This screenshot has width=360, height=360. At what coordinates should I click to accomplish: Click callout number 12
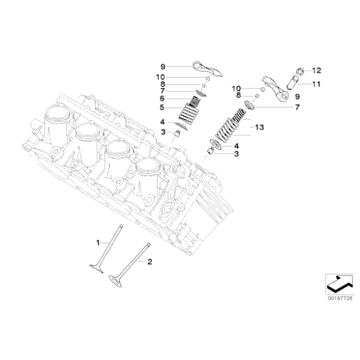pos(316,70)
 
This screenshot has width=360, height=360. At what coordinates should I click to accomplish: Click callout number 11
pos(315,83)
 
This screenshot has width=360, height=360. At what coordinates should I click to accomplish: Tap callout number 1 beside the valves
pos(97,241)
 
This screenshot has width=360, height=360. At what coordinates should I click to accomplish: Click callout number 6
pos(161,98)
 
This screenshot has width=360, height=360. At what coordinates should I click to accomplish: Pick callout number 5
pos(161,109)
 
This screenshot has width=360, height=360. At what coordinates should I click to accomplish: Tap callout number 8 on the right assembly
pos(238,95)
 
